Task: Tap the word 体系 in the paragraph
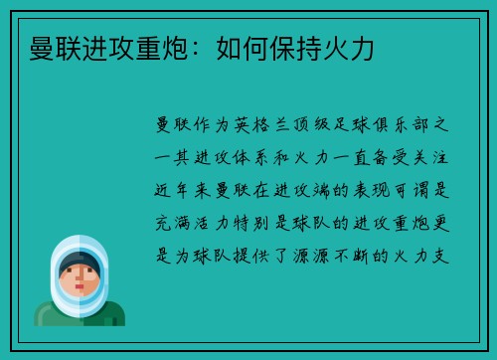coord(268,156)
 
